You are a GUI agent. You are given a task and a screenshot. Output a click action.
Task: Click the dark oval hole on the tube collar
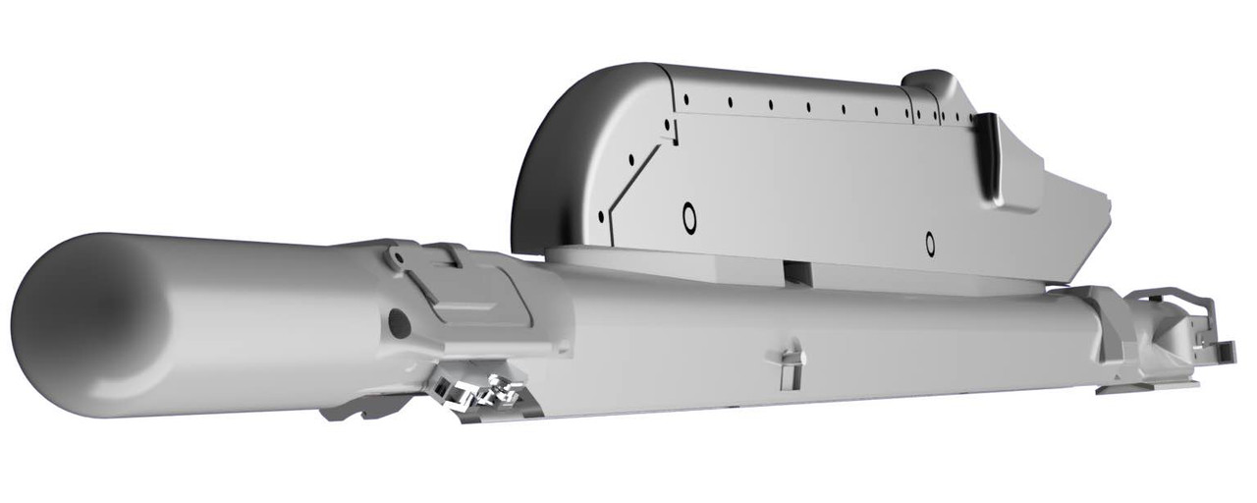tap(399, 321)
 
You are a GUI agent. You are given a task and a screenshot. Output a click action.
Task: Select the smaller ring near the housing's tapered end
tap(929, 240)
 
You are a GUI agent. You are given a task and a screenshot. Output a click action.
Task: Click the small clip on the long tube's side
tap(792, 363)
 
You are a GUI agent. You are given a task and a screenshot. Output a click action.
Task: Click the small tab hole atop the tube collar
tap(397, 257)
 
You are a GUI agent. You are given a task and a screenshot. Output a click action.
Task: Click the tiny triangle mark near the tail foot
tap(1119, 378)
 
